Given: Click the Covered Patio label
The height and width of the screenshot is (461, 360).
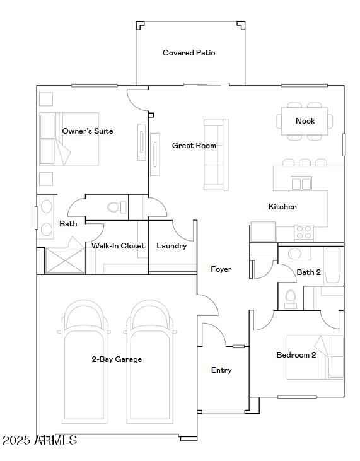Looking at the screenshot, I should tap(189, 53).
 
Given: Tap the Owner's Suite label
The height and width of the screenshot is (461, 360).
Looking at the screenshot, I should tap(88, 131).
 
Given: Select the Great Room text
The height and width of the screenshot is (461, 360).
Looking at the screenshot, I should tap(194, 146).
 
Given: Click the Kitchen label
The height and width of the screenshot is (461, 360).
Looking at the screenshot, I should tap(282, 207).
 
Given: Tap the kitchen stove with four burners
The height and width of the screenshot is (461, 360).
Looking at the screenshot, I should tap(304, 233).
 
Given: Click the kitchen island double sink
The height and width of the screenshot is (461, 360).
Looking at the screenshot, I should tap(301, 184).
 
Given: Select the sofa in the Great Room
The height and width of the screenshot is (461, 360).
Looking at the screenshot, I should tap(215, 155).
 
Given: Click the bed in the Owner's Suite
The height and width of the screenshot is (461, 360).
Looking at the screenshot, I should tap(68, 139).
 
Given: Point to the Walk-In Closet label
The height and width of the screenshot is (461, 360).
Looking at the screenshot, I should tap(118, 246).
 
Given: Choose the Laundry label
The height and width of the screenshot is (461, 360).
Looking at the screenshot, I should tap(171, 246).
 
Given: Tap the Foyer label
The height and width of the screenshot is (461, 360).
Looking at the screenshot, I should tap(221, 269).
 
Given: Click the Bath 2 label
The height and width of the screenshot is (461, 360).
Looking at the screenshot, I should tap(309, 272).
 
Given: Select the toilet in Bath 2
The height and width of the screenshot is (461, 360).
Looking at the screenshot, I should tap(291, 298).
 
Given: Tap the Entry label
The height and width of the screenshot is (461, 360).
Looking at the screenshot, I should tap(221, 370).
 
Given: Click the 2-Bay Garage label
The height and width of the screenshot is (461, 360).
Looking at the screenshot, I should tap(117, 359).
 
